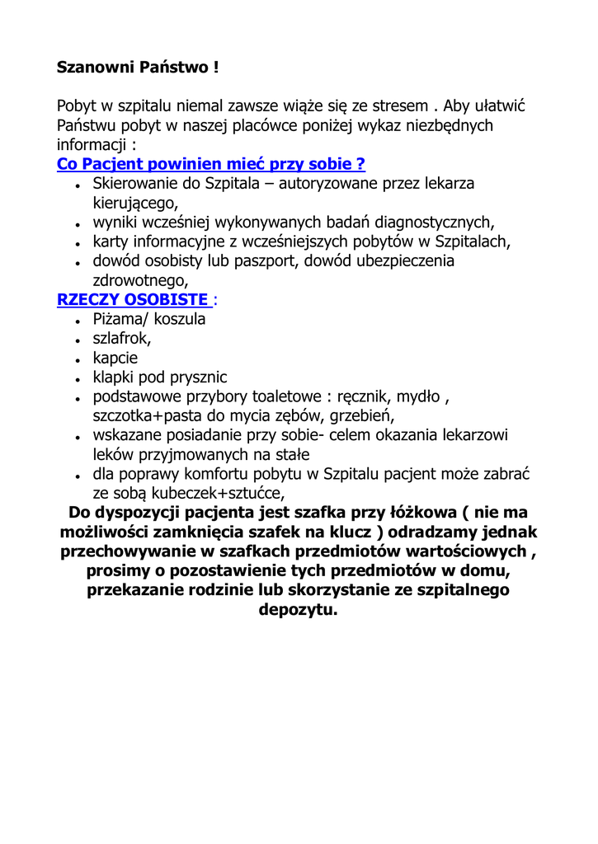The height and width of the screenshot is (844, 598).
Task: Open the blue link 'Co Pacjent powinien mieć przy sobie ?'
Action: pos(211,163)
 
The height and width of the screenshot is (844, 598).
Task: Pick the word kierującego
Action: pos(134,202)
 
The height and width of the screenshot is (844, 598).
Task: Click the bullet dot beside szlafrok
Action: pos(76,340)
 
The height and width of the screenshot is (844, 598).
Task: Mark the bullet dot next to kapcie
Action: pos(76,359)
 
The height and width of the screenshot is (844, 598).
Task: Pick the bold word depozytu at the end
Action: pos(298,611)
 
